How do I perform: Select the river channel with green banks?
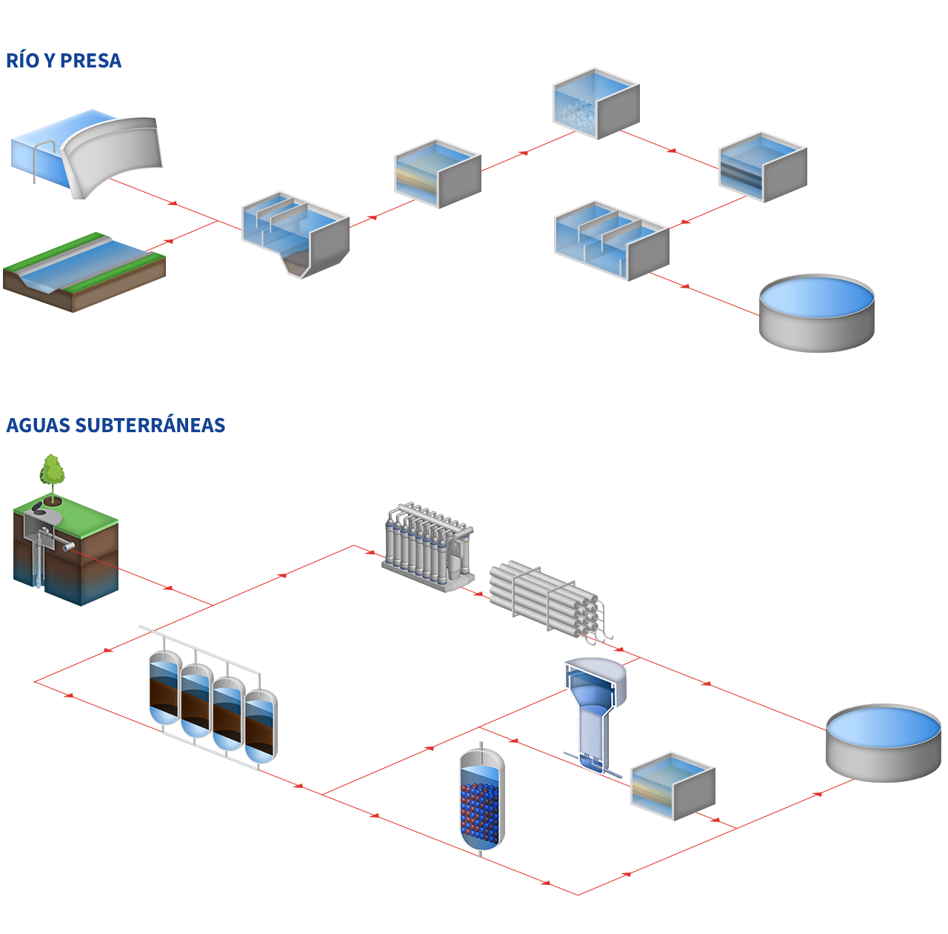pyautogui.click(x=84, y=272)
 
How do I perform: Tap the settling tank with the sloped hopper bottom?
pyautogui.click(x=295, y=235)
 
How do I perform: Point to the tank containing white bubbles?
pyautogui.click(x=595, y=103)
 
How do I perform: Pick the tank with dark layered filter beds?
pyautogui.click(x=762, y=167)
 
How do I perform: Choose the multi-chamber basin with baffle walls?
pyautogui.click(x=611, y=240)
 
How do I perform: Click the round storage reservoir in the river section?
pyautogui.click(x=817, y=312)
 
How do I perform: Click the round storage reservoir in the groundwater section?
pyautogui.click(x=883, y=742)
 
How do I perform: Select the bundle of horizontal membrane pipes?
pyautogui.click(x=550, y=602)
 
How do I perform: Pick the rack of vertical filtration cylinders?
pyautogui.click(x=427, y=546)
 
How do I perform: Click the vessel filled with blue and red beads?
pyautogui.click(x=481, y=800)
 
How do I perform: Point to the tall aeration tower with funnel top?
pyautogui.click(x=594, y=715)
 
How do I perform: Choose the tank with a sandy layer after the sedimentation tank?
pyautogui.click(x=437, y=173)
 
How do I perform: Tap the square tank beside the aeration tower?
pyautogui.click(x=672, y=786)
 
